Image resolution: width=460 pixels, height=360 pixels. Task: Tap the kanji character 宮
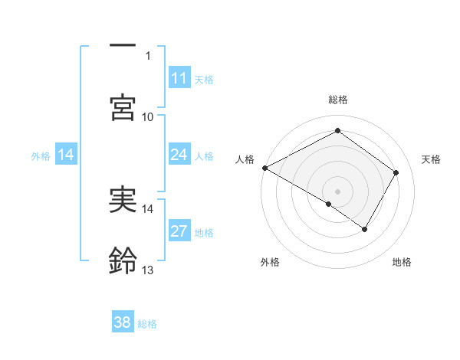[x=123, y=107]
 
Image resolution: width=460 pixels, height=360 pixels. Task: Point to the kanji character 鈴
[x=123, y=260]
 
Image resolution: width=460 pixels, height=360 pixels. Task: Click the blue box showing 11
[x=179, y=78]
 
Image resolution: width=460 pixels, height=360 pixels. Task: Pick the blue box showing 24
[x=179, y=155]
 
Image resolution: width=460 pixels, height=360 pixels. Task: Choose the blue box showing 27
[x=179, y=231]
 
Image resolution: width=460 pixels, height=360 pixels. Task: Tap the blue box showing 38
[x=123, y=322]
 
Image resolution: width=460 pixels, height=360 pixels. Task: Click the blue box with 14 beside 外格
[x=66, y=155]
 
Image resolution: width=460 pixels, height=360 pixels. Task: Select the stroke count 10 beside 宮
[x=148, y=116]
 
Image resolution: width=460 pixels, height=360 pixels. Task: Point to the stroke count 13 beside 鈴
[x=148, y=270]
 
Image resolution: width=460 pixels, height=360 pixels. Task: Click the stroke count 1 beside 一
[x=148, y=55]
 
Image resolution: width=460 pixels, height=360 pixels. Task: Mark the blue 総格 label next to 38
[x=147, y=324]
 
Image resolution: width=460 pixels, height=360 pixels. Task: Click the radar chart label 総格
[x=338, y=100]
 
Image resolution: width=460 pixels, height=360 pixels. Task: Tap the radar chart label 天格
[x=432, y=159]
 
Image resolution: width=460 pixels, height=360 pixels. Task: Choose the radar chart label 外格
[x=270, y=262]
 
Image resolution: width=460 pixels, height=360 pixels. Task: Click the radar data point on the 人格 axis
[x=264, y=168]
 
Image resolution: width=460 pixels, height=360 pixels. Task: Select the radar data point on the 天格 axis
[x=396, y=172]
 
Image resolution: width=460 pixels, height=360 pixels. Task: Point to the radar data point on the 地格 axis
[x=365, y=229]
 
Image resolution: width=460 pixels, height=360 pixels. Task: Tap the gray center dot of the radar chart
[x=338, y=191]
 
